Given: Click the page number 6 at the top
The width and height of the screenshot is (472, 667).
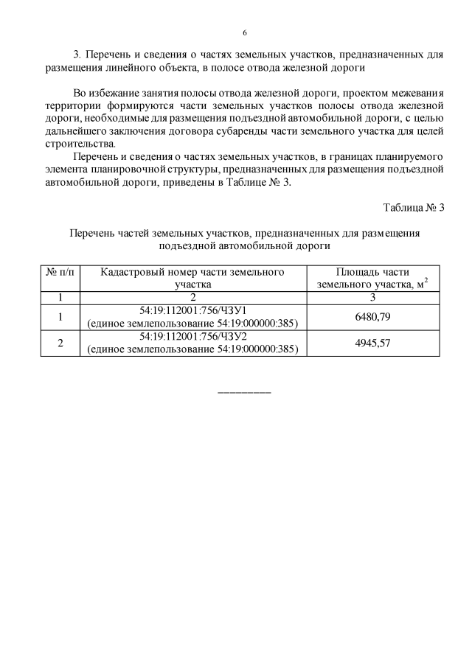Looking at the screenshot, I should (x=244, y=33).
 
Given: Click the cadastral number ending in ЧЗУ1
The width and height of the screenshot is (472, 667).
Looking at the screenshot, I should (x=192, y=311).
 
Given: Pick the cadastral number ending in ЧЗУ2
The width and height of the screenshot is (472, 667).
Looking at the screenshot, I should (x=192, y=337).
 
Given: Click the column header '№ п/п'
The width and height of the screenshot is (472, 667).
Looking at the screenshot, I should (x=60, y=271).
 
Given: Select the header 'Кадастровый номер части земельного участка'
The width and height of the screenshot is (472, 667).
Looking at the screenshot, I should (x=192, y=277).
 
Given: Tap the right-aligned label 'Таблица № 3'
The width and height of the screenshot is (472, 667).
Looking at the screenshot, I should (x=414, y=207).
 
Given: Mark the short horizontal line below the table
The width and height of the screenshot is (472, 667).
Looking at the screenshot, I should (x=245, y=391).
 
